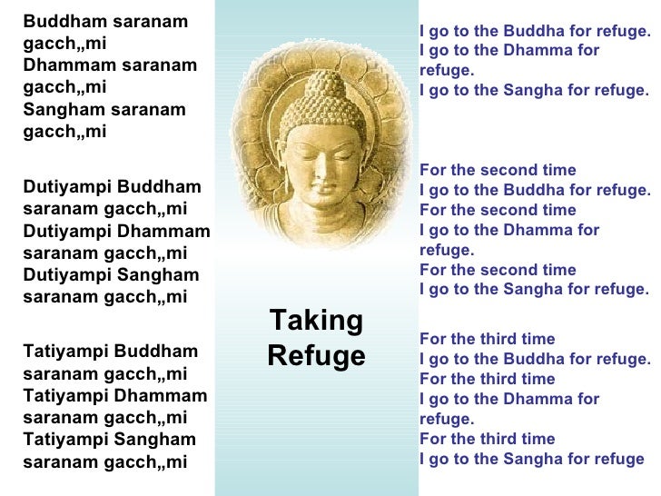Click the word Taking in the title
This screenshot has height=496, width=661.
(316, 321)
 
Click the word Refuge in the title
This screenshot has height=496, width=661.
(316, 355)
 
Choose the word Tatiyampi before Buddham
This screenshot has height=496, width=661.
(64, 352)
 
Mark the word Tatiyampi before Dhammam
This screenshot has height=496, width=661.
(64, 395)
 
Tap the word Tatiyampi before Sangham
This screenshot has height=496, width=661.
(64, 439)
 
